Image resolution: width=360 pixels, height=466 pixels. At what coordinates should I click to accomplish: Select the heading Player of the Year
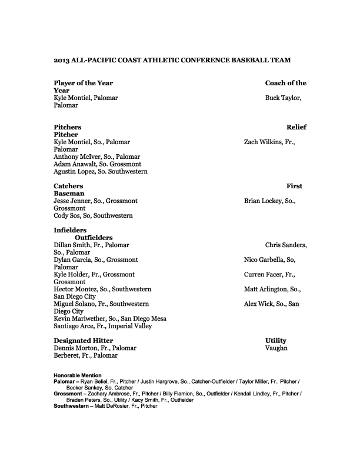pos(83,83)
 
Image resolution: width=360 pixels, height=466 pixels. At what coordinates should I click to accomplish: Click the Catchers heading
pos(68,186)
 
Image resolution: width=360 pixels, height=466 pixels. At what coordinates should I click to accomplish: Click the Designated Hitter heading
pos(83,340)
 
